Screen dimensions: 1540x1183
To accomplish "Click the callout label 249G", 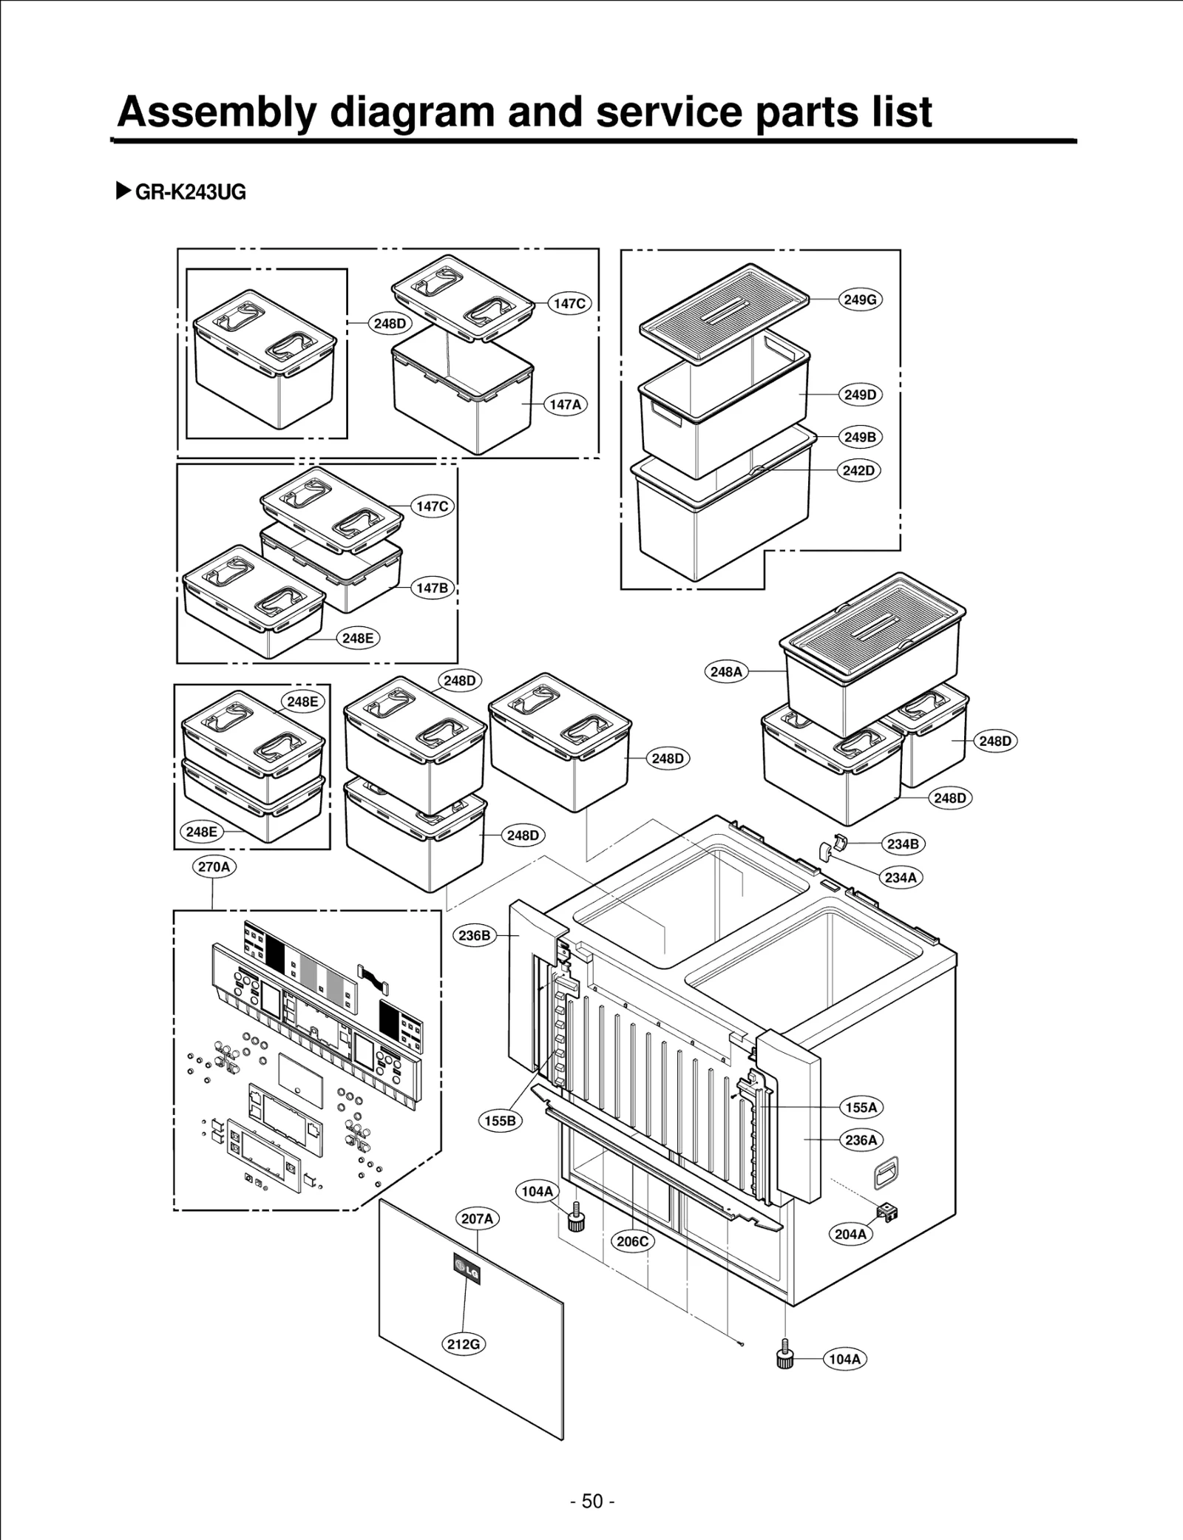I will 860,299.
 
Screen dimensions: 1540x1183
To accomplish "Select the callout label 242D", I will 859,470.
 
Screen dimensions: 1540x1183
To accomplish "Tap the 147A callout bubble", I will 566,404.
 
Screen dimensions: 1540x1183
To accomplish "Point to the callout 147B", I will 432,588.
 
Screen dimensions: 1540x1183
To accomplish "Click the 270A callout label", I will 214,866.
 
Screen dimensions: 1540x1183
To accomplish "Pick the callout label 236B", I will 474,935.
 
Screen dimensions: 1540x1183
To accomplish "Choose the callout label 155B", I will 501,1121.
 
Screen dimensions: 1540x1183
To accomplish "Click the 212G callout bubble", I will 464,1344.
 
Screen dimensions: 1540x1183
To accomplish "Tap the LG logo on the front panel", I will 467,1267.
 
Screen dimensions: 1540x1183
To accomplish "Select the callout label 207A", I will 477,1218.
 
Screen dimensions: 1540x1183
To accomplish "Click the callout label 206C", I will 633,1241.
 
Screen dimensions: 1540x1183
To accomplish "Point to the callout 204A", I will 850,1234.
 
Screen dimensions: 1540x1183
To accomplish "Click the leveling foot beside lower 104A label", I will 785,1357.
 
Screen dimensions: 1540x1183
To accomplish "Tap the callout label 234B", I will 903,844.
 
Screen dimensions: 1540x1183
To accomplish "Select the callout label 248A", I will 726,671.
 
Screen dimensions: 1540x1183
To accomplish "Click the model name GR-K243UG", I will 190,192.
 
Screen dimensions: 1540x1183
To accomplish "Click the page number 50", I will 592,1501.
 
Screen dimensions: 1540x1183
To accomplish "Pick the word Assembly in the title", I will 217,112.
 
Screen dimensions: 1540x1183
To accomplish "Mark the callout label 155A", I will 861,1107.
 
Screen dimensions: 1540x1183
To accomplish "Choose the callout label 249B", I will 860,437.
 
